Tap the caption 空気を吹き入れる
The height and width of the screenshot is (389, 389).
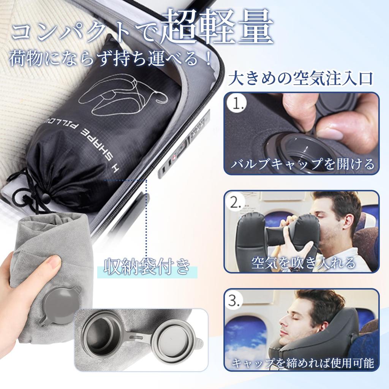303,262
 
